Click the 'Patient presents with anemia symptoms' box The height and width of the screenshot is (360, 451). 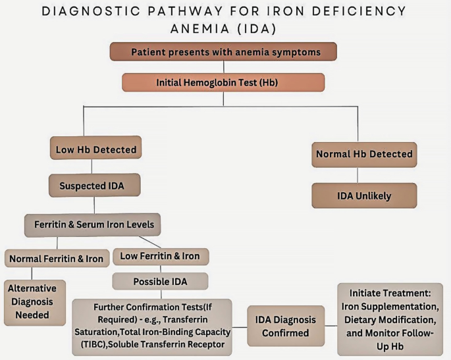tap(223, 52)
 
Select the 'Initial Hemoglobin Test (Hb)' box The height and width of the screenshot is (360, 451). tap(223, 82)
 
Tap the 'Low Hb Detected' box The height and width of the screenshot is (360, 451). tap(95, 148)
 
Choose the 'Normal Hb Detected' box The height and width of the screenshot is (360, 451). tap(364, 155)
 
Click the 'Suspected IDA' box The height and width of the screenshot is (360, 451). tap(95, 186)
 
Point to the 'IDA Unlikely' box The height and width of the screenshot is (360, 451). tap(364, 195)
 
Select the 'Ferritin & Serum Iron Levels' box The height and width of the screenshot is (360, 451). tap(93, 225)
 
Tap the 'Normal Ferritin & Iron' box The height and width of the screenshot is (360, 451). tap(57, 258)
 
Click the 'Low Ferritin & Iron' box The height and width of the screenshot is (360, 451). tap(161, 257)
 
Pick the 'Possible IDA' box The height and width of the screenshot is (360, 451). tap(160, 281)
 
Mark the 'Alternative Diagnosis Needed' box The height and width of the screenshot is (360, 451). tap(35, 303)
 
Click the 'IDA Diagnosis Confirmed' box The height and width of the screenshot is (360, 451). tap(286, 326)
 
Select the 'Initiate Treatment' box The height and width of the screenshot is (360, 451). tap(390, 319)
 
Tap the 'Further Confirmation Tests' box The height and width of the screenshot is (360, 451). tap(152, 327)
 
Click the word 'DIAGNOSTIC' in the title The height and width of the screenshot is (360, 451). tap(92, 11)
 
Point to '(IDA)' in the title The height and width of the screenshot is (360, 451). tap(257, 29)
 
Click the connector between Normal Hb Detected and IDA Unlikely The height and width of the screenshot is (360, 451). tap(358, 175)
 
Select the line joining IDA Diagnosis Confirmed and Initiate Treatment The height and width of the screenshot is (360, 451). tap(331, 326)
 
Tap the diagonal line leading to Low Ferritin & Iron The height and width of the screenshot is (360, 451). tap(150, 242)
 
